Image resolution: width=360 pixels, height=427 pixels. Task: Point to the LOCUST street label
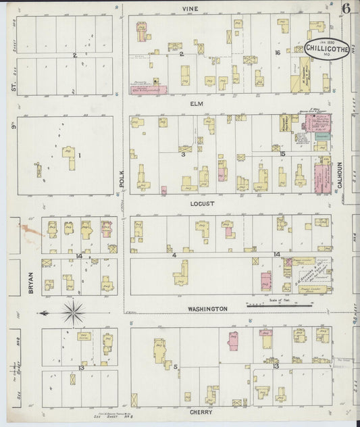[x=202, y=203]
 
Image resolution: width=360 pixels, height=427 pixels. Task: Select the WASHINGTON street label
[x=207, y=309]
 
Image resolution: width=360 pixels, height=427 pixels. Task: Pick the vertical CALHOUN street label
[x=340, y=174]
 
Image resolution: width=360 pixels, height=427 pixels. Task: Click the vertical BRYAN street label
[x=31, y=279]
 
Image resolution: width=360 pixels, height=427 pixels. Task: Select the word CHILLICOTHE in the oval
[x=326, y=48]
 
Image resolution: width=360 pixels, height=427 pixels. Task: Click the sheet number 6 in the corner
[x=345, y=9]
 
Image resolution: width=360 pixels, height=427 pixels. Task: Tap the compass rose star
[x=73, y=313]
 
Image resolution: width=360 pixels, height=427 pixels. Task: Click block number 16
[x=277, y=53]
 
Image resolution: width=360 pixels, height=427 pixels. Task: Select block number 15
[x=282, y=154]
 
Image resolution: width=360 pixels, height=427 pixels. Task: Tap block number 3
[x=183, y=155]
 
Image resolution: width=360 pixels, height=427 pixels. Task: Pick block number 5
[x=176, y=367]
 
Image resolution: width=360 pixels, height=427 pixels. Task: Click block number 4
[x=174, y=255]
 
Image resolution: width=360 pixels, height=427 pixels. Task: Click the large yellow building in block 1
[x=68, y=153]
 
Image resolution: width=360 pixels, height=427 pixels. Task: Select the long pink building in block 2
[x=148, y=89]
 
